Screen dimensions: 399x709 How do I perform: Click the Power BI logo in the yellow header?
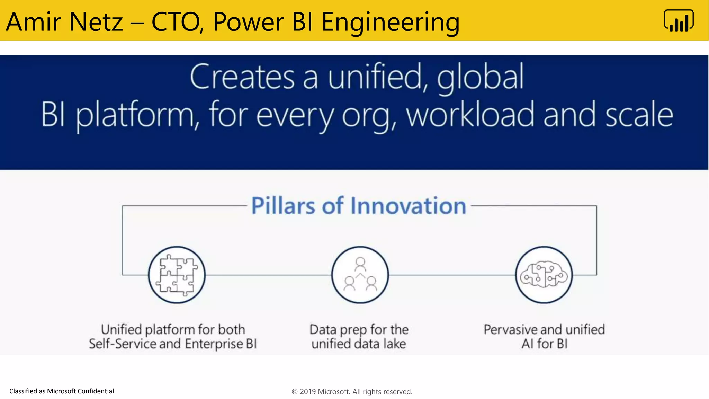(x=679, y=21)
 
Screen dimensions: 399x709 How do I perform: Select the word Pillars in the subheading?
(x=284, y=206)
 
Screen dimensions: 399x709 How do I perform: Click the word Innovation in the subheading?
(x=408, y=206)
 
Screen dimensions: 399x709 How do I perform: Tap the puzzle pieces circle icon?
(x=177, y=275)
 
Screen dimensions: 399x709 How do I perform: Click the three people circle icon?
(x=360, y=275)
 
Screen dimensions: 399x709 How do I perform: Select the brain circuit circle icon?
(x=544, y=275)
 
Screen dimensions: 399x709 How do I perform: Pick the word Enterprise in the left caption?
(x=214, y=344)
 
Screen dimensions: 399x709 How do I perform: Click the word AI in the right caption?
(x=527, y=344)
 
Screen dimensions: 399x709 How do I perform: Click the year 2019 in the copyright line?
(x=307, y=392)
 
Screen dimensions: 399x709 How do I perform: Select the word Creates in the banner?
(x=242, y=77)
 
